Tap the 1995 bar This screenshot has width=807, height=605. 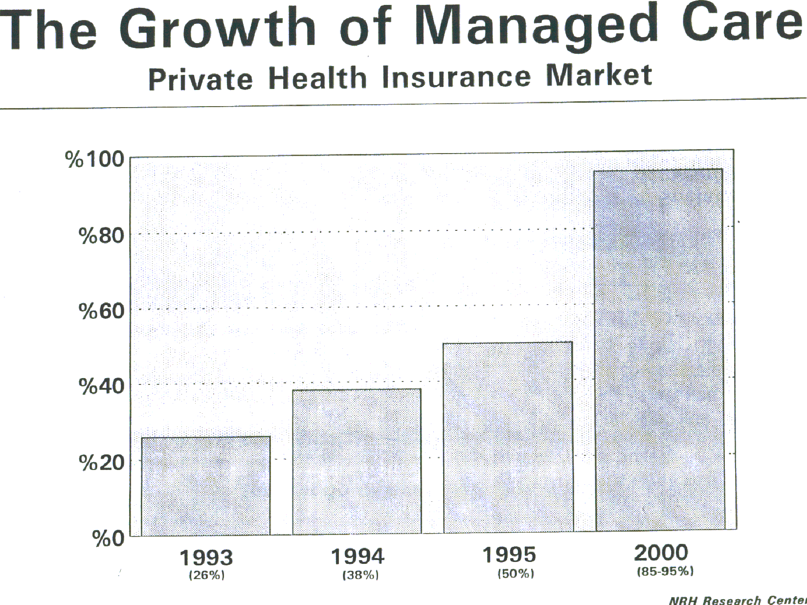pyautogui.click(x=508, y=437)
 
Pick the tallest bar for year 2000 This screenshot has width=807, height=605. pyautogui.click(x=659, y=350)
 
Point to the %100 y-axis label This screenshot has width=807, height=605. pyautogui.click(x=95, y=159)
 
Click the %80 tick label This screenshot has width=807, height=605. pyautogui.click(x=101, y=236)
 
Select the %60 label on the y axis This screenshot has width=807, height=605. pyautogui.click(x=101, y=311)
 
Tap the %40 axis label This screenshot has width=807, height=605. pyautogui.click(x=101, y=386)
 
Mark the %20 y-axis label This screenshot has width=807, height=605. pyautogui.click(x=101, y=463)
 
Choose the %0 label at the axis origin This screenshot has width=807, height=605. pyautogui.click(x=108, y=538)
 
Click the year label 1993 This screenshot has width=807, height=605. pyautogui.click(x=206, y=558)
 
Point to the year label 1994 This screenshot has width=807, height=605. pyautogui.click(x=358, y=556)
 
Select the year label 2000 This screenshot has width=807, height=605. pyautogui.click(x=661, y=553)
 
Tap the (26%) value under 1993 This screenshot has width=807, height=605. pyautogui.click(x=206, y=575)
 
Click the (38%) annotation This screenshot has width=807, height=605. pyautogui.click(x=360, y=575)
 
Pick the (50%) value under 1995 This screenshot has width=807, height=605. pyautogui.click(x=516, y=573)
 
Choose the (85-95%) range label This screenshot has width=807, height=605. pyautogui.click(x=665, y=571)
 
